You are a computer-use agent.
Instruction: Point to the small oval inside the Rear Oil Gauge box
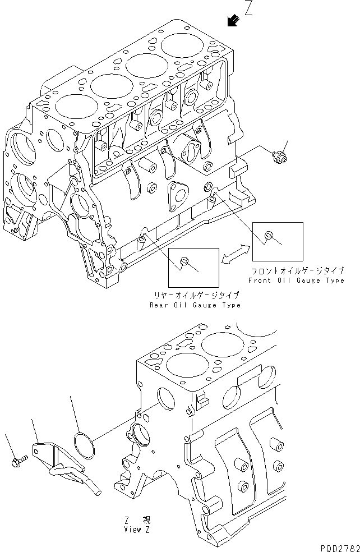[x=186, y=260]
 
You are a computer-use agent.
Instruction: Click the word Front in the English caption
[x=261, y=280]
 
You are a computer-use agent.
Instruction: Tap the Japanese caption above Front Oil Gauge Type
[x=297, y=271]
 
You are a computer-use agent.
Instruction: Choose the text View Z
[x=137, y=529]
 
